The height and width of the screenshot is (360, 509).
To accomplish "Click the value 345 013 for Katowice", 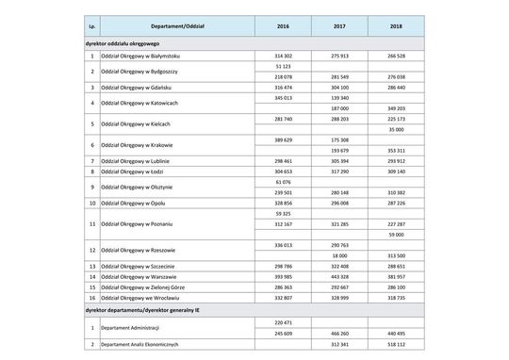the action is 282,97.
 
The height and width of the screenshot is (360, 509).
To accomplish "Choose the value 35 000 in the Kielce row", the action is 396,129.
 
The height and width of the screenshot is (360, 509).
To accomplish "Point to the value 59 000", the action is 396,234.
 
